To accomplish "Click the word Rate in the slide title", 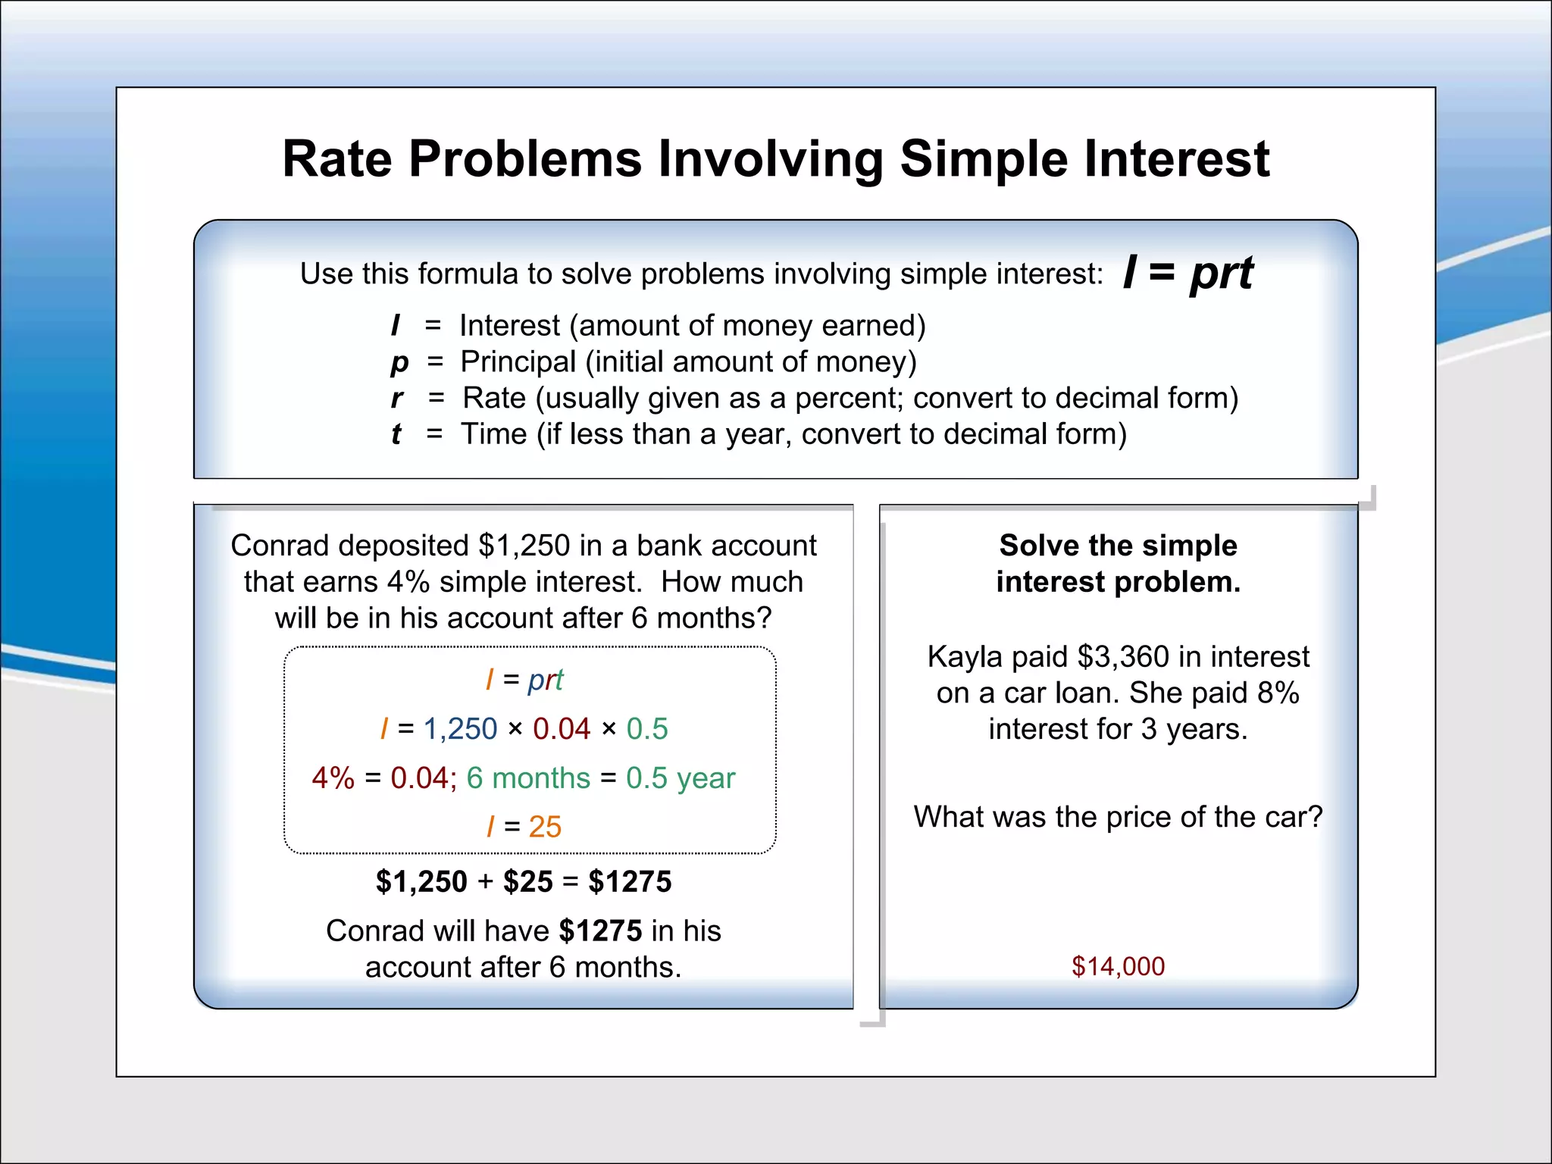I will (x=337, y=159).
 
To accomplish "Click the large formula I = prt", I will (x=1187, y=272).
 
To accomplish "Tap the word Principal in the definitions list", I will (x=518, y=361).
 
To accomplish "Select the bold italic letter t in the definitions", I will (x=396, y=434).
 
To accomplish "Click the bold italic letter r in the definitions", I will (x=397, y=398).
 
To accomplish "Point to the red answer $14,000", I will (x=1118, y=966).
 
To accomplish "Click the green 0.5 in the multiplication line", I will (x=647, y=729).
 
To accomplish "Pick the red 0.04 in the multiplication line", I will (x=562, y=729).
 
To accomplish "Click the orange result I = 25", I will (x=524, y=827).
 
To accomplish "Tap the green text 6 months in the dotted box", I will (x=528, y=778).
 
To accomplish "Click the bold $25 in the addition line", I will (x=528, y=882).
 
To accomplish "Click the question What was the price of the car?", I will (x=1118, y=817).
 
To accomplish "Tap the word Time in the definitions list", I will (x=494, y=434).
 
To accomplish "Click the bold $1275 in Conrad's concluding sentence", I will (x=600, y=931).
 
